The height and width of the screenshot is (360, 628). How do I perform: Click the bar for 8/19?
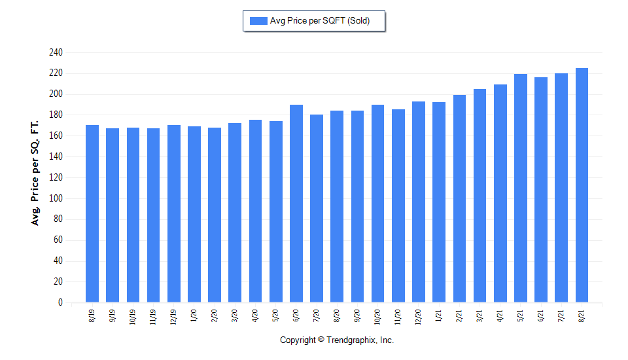92,213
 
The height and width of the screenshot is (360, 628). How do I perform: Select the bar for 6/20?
296,204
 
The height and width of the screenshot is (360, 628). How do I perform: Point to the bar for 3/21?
480,196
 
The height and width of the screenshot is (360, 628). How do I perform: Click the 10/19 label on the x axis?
133,318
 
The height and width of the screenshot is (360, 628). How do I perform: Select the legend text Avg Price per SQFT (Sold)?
320,21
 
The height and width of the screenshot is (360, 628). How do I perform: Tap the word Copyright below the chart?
298,340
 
